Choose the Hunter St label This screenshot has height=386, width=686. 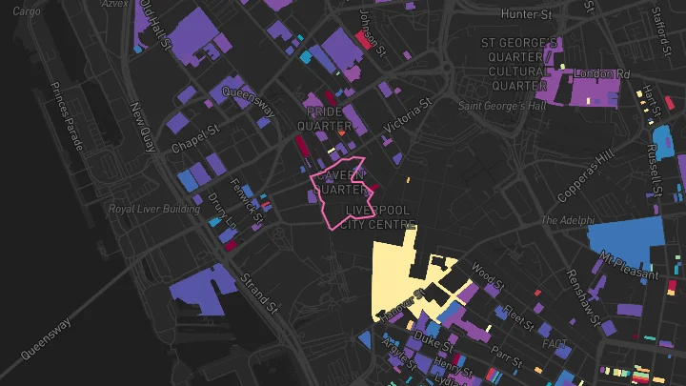tap(526, 14)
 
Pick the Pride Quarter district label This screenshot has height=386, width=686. tap(324, 118)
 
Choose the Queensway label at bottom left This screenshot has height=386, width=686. tap(46, 338)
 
